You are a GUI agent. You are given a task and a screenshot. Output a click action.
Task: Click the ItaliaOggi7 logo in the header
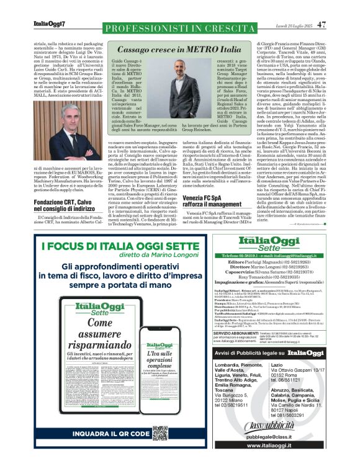coord(48,24)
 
